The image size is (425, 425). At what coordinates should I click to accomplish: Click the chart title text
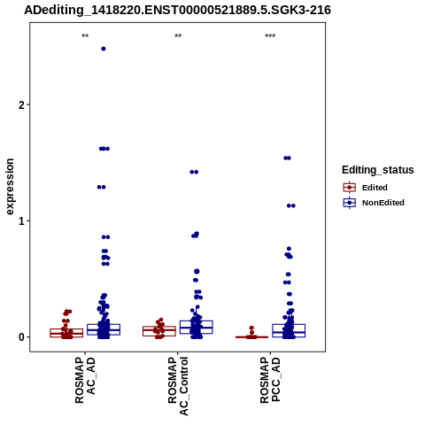(x=177, y=11)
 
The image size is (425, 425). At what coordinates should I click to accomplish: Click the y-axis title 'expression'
(x=10, y=187)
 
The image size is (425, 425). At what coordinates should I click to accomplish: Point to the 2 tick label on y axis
(x=21, y=104)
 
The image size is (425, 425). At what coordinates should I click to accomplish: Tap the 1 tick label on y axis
(x=21, y=221)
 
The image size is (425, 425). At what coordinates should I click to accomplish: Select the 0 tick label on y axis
(x=21, y=337)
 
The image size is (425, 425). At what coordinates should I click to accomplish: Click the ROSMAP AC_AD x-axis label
(x=85, y=380)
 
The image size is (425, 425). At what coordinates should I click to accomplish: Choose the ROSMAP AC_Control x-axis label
(x=178, y=386)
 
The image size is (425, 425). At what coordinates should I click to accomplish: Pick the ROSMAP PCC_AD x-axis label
(x=270, y=380)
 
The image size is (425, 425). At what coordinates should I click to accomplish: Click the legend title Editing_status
(x=378, y=170)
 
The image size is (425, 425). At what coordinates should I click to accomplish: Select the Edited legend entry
(x=366, y=188)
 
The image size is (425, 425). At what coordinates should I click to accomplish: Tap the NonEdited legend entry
(x=374, y=203)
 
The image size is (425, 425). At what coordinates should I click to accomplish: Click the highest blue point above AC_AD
(x=104, y=49)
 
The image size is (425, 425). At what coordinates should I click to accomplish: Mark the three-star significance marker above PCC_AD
(x=270, y=36)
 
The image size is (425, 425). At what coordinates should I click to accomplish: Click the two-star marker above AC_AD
(x=85, y=36)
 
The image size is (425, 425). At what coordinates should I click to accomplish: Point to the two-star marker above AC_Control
(x=178, y=36)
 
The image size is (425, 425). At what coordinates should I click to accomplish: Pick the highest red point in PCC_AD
(x=251, y=328)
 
